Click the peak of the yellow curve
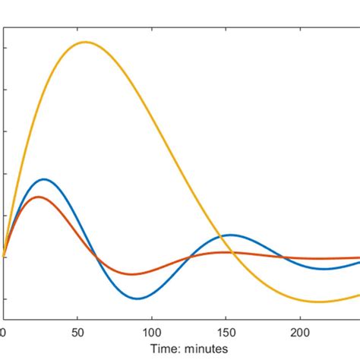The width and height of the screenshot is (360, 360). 84,42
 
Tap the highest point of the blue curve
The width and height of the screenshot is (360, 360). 44,179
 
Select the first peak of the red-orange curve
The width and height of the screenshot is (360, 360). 38,197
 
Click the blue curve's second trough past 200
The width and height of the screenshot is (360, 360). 325,269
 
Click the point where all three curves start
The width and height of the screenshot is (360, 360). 4,257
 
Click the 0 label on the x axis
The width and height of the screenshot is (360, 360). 4,332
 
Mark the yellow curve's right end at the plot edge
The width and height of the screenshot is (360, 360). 358,295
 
